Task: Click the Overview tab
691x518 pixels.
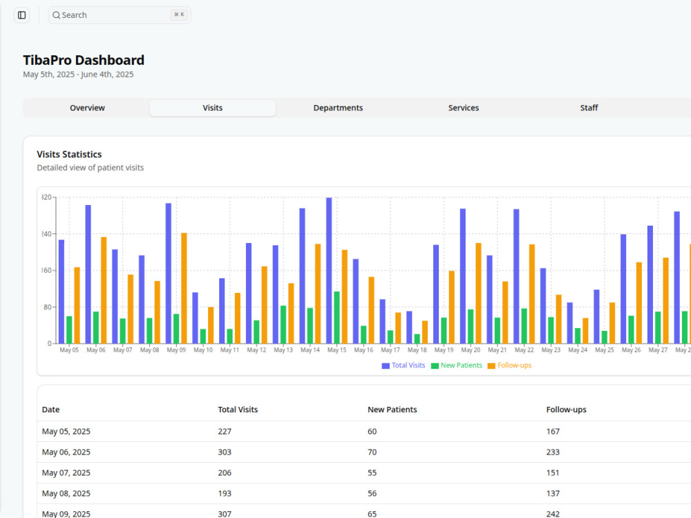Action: tap(87, 108)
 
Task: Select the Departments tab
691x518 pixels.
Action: tap(338, 108)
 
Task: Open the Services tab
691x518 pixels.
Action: tap(463, 108)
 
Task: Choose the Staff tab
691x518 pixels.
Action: tap(589, 108)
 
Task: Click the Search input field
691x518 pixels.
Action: tap(120, 15)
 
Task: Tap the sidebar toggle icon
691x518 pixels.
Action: tap(21, 15)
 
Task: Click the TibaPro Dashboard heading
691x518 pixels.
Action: tap(84, 60)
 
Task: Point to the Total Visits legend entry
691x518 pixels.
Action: tap(404, 365)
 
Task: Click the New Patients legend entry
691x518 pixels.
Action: tap(457, 365)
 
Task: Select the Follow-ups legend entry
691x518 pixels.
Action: tap(509, 365)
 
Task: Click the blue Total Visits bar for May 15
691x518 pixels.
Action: tap(329, 271)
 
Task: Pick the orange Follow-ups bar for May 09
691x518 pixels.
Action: tap(184, 288)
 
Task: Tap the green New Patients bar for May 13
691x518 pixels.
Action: tap(283, 325)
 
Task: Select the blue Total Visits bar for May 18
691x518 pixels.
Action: tap(409, 327)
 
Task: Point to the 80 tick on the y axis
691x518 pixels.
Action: tap(48, 307)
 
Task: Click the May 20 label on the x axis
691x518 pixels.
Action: tap(471, 349)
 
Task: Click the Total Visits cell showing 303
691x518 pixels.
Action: tap(225, 452)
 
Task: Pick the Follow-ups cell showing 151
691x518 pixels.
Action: tap(553, 472)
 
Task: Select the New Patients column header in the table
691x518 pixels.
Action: tap(392, 410)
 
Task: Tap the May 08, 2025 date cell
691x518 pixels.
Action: tap(66, 493)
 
